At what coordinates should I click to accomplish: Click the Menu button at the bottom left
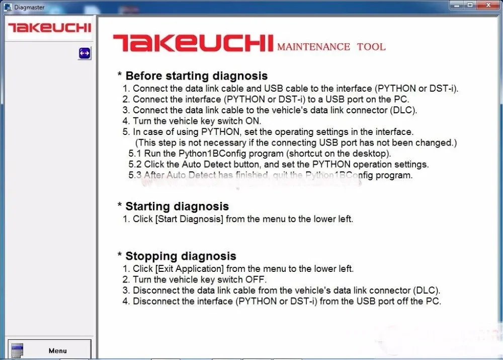[49, 350]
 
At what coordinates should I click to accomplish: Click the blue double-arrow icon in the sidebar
[85, 53]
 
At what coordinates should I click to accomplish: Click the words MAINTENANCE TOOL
[331, 47]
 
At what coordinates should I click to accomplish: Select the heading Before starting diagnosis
[196, 76]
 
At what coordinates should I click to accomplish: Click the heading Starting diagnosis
[177, 206]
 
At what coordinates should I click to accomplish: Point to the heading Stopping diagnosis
[181, 256]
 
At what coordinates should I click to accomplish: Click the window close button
[489, 5]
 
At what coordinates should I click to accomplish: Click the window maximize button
[470, 5]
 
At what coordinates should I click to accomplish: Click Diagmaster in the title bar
[30, 7]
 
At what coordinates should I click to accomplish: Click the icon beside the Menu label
[17, 350]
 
